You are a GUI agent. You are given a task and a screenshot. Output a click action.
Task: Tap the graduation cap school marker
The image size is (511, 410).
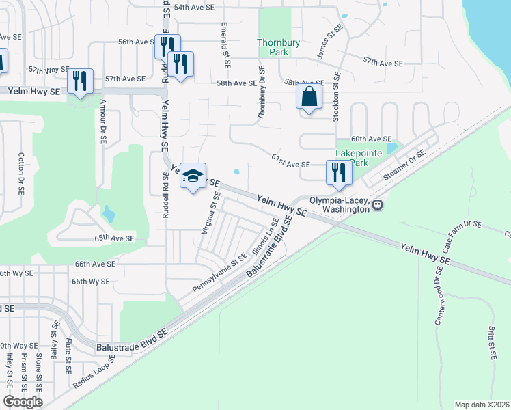(193, 177)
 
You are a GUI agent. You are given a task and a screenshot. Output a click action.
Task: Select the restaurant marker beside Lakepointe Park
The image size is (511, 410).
(339, 173)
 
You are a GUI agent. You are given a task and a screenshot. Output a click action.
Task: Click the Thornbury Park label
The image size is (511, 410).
(279, 47)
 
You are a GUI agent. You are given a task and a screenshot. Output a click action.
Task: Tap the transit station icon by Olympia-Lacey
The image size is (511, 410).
(376, 204)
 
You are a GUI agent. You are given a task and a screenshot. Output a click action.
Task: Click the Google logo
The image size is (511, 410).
(23, 402)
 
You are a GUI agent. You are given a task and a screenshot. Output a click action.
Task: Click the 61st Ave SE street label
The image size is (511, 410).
(290, 165)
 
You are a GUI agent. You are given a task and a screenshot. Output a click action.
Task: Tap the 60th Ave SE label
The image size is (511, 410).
(371, 139)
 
